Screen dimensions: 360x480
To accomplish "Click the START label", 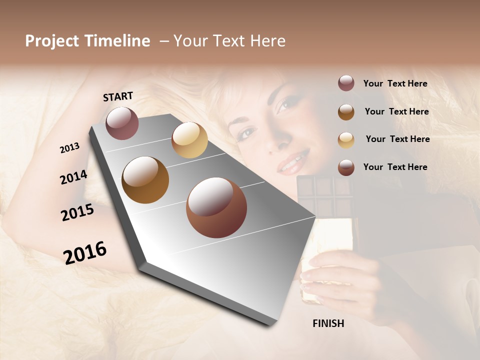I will click(x=118, y=96).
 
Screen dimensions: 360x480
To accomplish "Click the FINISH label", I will click(x=328, y=323).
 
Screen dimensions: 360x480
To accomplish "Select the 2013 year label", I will click(x=69, y=148).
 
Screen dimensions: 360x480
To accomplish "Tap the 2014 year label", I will click(x=73, y=177).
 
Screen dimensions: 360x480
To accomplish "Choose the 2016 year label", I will click(x=85, y=252).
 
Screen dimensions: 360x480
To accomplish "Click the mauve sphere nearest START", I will click(x=122, y=123).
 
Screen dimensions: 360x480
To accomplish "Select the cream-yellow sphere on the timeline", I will click(x=189, y=140).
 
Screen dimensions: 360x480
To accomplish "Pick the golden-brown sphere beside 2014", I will click(x=145, y=180).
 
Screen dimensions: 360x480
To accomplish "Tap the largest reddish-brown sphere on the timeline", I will click(x=216, y=207).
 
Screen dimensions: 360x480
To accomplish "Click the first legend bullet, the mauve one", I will click(x=346, y=83).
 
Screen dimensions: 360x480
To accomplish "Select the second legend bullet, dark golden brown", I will click(x=346, y=111).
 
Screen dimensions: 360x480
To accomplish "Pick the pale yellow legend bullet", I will click(x=346, y=139).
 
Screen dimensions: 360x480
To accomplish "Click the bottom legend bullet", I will click(x=346, y=167).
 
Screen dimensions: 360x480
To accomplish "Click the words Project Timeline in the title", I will click(x=87, y=41).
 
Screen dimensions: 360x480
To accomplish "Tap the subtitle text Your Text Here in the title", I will click(x=229, y=41).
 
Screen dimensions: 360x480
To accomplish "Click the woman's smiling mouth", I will click(x=292, y=163).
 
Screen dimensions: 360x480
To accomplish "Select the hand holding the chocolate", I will click(x=335, y=280).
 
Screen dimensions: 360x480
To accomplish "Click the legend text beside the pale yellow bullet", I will click(x=397, y=139).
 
